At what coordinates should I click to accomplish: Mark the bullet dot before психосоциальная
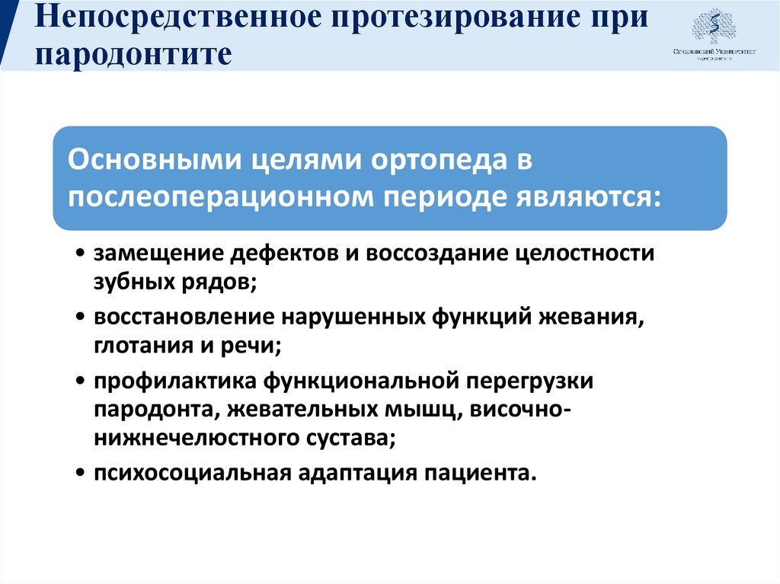click(81, 474)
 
